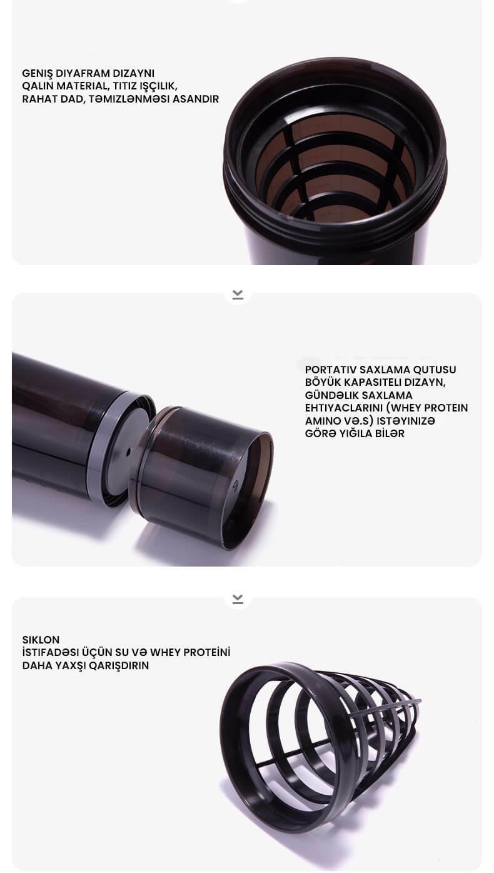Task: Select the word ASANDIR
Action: pos(196,99)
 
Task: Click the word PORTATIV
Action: pos(330,370)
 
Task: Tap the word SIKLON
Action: pos(41,640)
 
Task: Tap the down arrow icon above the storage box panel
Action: pos(238,295)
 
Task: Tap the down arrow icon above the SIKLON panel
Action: pos(238,599)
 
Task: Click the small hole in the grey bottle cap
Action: pos(128,452)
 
